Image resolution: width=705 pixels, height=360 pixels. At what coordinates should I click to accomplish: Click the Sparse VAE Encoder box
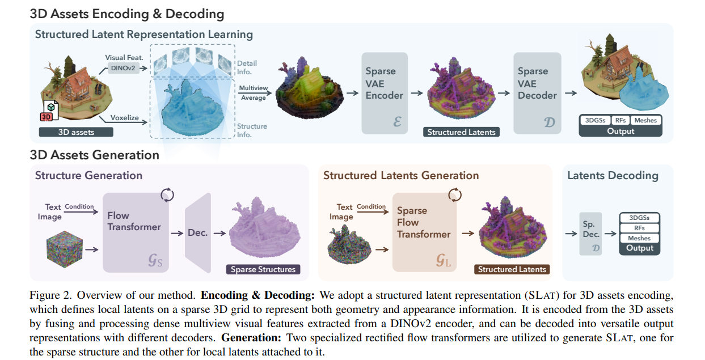[x=385, y=93]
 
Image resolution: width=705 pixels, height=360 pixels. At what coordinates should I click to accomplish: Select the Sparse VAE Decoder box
[x=537, y=93]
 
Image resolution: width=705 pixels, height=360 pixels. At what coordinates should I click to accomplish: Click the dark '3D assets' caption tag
[x=76, y=132]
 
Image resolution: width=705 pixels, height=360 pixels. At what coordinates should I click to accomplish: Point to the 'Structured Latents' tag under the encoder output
[x=461, y=132]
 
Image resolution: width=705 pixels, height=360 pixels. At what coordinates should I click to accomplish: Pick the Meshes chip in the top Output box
[x=645, y=120]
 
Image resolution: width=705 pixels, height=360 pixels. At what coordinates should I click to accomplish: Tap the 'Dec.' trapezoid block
[x=198, y=233]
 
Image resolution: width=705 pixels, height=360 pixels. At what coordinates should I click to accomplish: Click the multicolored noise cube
[x=64, y=248]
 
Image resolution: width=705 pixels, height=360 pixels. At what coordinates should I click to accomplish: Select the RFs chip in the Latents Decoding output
[x=639, y=228]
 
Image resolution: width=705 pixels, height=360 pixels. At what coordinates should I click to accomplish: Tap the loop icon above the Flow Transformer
[x=167, y=195]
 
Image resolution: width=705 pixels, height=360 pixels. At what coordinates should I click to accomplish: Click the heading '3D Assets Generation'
[x=94, y=154]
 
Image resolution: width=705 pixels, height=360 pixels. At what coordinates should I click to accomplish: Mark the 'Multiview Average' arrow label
[x=252, y=93]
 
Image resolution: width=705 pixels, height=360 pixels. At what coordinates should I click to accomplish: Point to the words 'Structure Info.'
[x=252, y=130]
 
